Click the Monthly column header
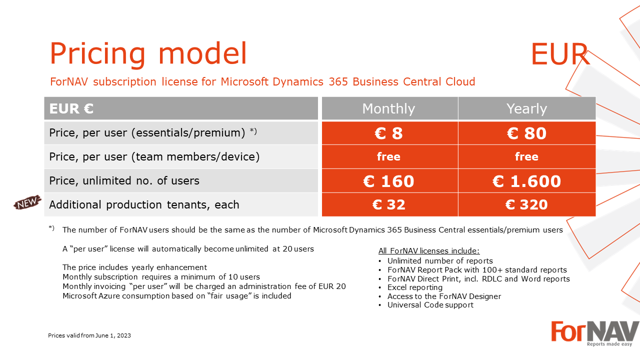[x=389, y=108]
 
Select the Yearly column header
[x=527, y=108]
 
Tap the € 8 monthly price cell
[x=389, y=133]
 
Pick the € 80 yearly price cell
[x=527, y=133]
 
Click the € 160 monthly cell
[x=389, y=181]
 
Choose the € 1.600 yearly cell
[x=527, y=181]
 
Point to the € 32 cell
[x=389, y=204]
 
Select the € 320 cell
[x=527, y=204]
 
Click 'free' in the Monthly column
[x=388, y=156]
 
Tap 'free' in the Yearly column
[x=526, y=156]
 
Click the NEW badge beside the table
[x=27, y=202]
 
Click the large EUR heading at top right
[x=560, y=54]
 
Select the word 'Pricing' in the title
[x=97, y=54]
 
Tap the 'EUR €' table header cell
[x=181, y=108]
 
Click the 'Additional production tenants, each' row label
[x=144, y=205]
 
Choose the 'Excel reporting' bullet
[x=415, y=287]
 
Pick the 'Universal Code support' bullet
[x=430, y=305]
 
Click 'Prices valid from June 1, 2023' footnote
[x=89, y=335]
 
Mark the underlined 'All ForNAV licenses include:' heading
[x=429, y=251]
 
